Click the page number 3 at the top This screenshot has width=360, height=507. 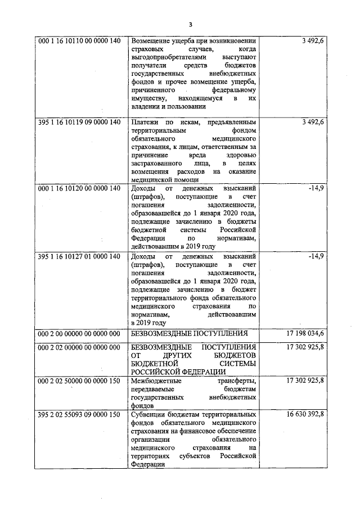click(x=191, y=24)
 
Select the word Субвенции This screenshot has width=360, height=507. click(x=147, y=415)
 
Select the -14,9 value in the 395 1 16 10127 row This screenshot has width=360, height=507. click(x=317, y=257)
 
